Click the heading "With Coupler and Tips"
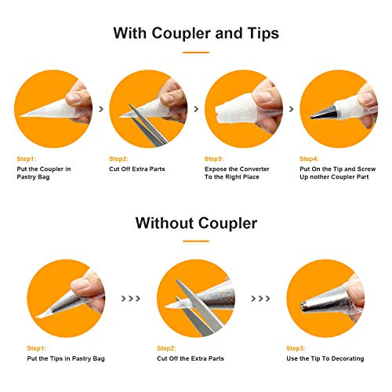[x=196, y=33]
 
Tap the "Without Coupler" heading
[x=196, y=223]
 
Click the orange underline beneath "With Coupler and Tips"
[x=196, y=53]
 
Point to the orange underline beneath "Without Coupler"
[x=196, y=241]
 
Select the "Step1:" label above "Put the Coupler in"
[x=26, y=159]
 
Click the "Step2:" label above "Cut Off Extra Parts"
[x=118, y=159]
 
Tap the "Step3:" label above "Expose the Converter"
[x=214, y=159]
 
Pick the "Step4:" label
[x=309, y=159]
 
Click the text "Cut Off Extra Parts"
[x=137, y=169]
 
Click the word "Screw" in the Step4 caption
[x=366, y=169]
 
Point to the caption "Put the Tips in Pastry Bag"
[x=66, y=358]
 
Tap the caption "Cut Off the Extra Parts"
[x=191, y=358]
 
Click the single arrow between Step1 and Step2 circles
[x=101, y=109]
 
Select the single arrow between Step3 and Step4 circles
[x=291, y=109]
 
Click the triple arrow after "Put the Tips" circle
[x=131, y=298]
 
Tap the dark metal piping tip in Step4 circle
[x=324, y=112]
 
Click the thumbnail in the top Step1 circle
[x=74, y=97]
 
